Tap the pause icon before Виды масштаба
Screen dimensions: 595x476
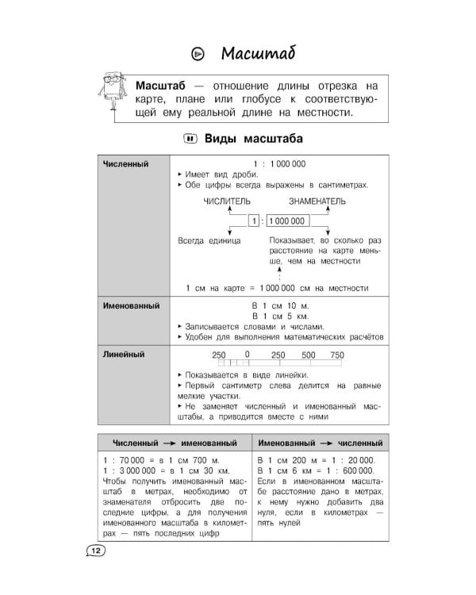pyautogui.click(x=190, y=139)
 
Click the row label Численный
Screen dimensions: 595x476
pyautogui.click(x=126, y=164)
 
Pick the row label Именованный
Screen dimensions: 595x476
pyautogui.click(x=132, y=305)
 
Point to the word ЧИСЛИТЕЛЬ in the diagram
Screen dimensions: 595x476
pyautogui.click(x=227, y=202)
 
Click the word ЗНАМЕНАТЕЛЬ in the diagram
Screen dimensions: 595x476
pyautogui.click(x=317, y=202)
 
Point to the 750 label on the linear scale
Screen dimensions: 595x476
pyautogui.click(x=337, y=355)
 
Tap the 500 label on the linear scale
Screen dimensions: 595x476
pyautogui.click(x=309, y=355)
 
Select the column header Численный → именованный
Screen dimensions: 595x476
pyautogui.click(x=173, y=441)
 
